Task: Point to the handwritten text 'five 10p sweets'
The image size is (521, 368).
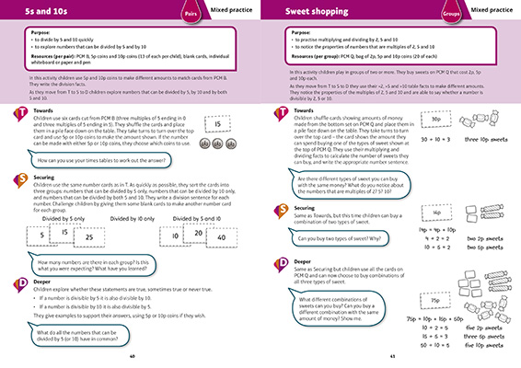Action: point(487,328)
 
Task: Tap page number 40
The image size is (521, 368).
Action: point(132,356)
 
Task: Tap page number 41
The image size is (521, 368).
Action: point(391,356)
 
